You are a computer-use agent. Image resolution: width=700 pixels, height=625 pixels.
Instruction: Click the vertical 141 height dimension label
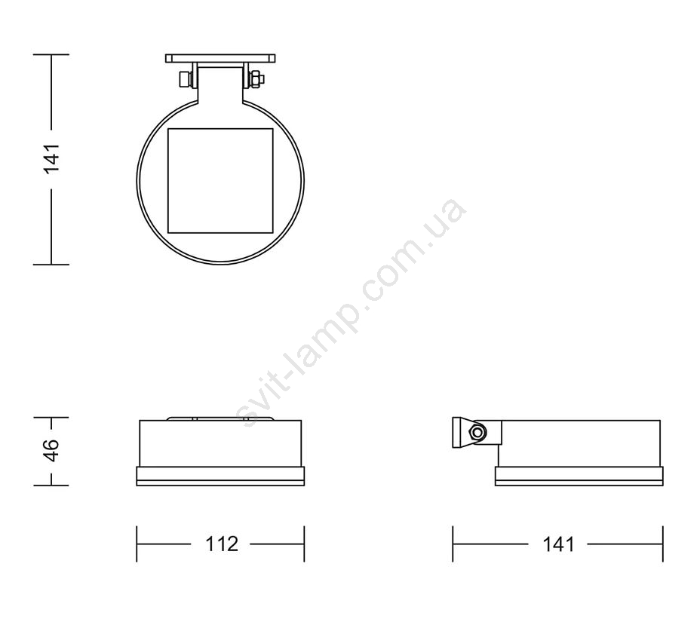pyautogui.click(x=51, y=158)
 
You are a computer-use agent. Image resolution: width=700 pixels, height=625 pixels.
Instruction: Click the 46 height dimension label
pyautogui.click(x=51, y=451)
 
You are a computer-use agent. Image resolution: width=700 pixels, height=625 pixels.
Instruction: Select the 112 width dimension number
pyautogui.click(x=222, y=544)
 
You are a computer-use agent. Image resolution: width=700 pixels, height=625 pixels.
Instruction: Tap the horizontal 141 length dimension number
pyautogui.click(x=558, y=544)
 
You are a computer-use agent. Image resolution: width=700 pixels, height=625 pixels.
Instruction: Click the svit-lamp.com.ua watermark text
pyautogui.click(x=351, y=312)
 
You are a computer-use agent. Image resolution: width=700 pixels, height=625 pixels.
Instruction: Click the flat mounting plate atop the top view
pyautogui.click(x=220, y=59)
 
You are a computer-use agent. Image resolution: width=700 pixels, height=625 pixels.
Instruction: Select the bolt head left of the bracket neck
pyautogui.click(x=184, y=79)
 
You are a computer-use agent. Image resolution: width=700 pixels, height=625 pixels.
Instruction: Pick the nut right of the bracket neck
pyautogui.click(x=256, y=79)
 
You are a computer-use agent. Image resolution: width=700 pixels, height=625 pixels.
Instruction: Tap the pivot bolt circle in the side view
pyautogui.click(x=477, y=432)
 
